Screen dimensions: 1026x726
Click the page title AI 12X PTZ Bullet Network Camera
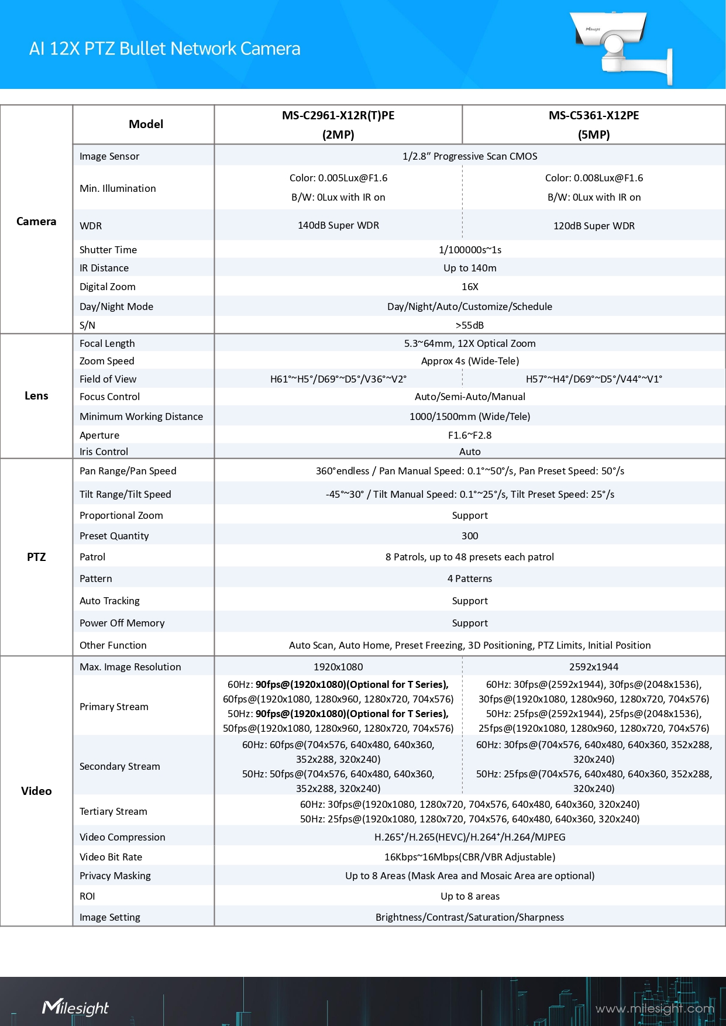click(164, 49)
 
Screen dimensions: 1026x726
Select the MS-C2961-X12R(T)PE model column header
click(338, 125)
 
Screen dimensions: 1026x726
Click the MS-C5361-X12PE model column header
click(593, 125)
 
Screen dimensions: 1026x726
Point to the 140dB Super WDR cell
click(338, 225)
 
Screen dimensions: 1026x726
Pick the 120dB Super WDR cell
click(594, 226)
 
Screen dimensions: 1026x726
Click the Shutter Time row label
click(108, 250)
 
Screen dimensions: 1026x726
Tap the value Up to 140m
click(470, 268)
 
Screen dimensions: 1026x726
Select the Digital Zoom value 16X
click(470, 287)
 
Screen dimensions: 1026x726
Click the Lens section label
click(36, 396)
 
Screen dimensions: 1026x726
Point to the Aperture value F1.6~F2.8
click(470, 435)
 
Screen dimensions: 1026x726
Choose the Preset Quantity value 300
click(470, 536)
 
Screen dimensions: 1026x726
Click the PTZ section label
click(36, 557)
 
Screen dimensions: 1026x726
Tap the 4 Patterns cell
click(470, 579)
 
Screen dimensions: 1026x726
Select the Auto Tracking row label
click(109, 601)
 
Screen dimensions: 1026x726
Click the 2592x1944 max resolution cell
click(594, 667)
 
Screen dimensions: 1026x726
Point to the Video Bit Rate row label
click(111, 857)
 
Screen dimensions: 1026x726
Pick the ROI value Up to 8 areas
click(470, 896)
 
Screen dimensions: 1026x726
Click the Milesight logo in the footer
click(75, 1007)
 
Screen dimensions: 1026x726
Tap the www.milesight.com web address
click(655, 1008)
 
